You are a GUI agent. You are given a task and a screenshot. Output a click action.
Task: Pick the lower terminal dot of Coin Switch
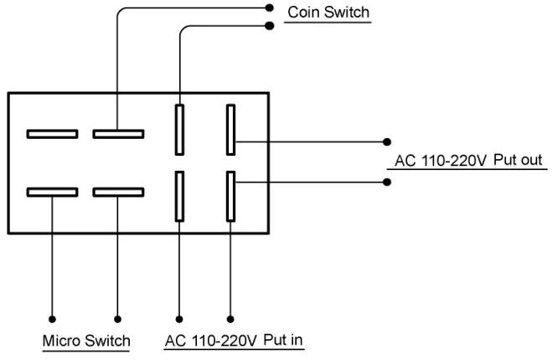click(x=268, y=25)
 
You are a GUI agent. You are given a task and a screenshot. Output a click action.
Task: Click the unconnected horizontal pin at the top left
click(x=52, y=133)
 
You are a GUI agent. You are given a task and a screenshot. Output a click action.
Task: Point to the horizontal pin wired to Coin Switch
click(x=117, y=133)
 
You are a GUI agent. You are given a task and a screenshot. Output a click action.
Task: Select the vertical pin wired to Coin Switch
click(x=178, y=130)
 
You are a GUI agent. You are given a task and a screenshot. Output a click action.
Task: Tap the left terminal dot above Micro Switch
click(x=52, y=318)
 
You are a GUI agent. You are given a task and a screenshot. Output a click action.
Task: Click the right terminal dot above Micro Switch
click(x=117, y=318)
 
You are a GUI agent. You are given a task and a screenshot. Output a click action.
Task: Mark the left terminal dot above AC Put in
click(x=178, y=318)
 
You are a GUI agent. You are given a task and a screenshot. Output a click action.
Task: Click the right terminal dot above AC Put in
click(x=230, y=318)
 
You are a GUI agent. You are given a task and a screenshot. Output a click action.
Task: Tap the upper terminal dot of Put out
click(x=386, y=141)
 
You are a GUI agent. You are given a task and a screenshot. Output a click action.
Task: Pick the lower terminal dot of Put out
click(x=386, y=180)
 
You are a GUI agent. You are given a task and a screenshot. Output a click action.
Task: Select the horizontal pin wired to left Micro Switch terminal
click(x=52, y=192)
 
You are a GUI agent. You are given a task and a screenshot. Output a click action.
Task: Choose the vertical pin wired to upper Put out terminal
click(x=230, y=130)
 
